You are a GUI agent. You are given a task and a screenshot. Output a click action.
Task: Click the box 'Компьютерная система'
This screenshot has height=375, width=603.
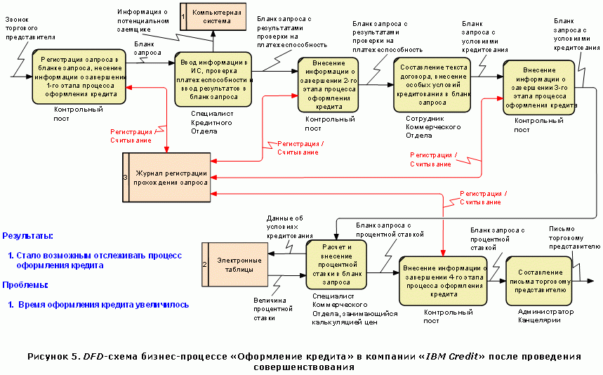pyautogui.click(x=216, y=16)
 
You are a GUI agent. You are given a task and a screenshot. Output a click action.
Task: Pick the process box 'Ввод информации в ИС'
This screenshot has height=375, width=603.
pyautogui.click(x=213, y=79)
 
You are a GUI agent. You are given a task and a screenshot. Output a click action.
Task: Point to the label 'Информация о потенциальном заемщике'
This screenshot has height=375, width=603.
pyautogui.click(x=143, y=21)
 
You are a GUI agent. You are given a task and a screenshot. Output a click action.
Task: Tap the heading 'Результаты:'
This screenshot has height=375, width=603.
pyautogui.click(x=28, y=236)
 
